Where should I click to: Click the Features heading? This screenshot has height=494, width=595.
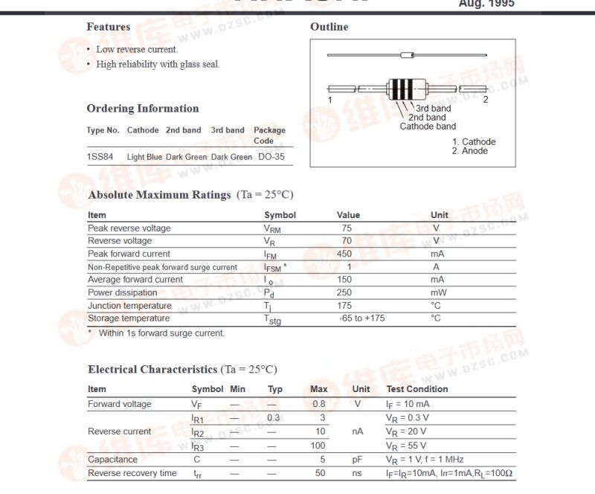pyautogui.click(x=109, y=27)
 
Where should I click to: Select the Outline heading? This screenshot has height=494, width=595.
pyautogui.click(x=329, y=27)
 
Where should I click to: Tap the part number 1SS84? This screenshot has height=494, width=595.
pyautogui.click(x=100, y=157)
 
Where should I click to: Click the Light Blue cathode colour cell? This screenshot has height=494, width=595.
pyautogui.click(x=144, y=157)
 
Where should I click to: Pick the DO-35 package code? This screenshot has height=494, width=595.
pyautogui.click(x=271, y=157)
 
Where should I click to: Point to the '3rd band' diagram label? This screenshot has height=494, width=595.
pyautogui.click(x=433, y=109)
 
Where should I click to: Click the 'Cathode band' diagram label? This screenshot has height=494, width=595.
pyautogui.click(x=428, y=126)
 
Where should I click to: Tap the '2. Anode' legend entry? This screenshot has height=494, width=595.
pyautogui.click(x=470, y=151)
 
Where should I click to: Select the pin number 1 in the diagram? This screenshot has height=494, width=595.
pyautogui.click(x=329, y=100)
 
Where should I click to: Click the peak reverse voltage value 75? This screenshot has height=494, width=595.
pyautogui.click(x=347, y=228)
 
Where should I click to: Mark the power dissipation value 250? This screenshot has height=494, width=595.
pyautogui.click(x=344, y=292)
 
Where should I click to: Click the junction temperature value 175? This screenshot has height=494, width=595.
pyautogui.click(x=344, y=306)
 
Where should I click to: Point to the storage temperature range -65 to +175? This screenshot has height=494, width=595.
pyautogui.click(x=361, y=318)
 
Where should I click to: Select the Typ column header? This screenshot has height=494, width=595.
pyautogui.click(x=275, y=389)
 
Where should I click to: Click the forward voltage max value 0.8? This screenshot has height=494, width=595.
pyautogui.click(x=318, y=404)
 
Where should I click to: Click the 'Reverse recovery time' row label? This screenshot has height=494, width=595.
pyautogui.click(x=132, y=473)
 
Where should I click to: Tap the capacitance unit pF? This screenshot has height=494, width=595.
pyautogui.click(x=358, y=460)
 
